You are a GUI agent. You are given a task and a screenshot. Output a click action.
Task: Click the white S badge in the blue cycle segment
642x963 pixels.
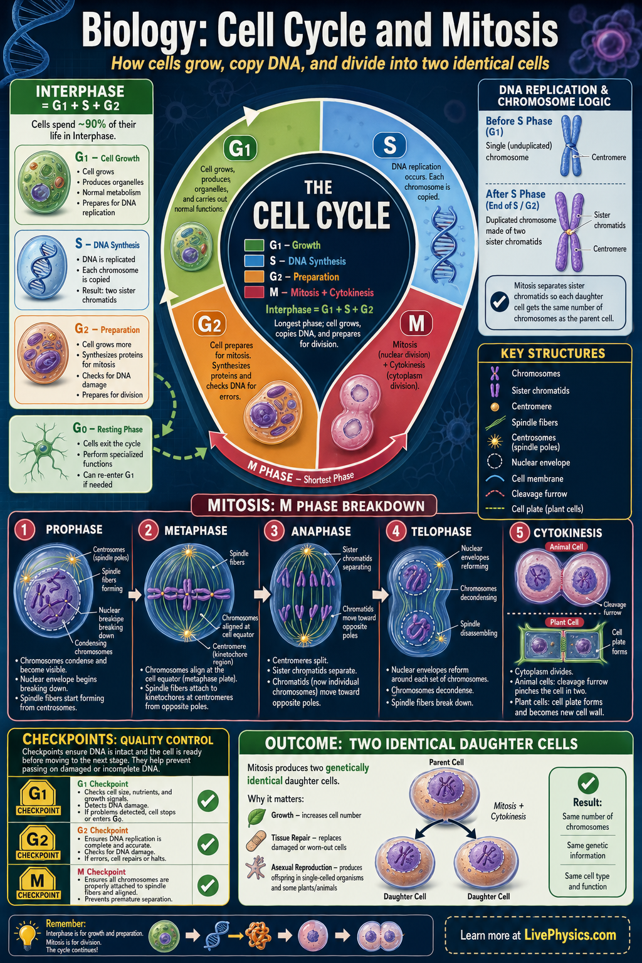[389, 145]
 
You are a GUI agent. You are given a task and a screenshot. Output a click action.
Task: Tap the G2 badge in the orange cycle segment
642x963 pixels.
[209, 324]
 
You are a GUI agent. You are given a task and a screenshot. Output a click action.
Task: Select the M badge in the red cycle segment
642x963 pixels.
[416, 324]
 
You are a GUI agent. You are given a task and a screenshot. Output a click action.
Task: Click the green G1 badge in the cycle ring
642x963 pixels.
[239, 149]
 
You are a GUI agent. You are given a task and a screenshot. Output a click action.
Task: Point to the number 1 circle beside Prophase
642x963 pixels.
[24, 530]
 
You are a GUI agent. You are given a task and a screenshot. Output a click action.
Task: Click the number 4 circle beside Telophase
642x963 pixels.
[396, 531]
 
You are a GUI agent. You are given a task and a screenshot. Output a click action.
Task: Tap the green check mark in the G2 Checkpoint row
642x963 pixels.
[208, 844]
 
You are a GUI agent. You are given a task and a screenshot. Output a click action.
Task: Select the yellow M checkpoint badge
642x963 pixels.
[38, 884]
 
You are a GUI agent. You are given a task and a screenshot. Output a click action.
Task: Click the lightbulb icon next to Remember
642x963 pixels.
[27, 934]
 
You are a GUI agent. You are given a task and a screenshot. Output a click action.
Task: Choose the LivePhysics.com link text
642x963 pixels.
[570, 935]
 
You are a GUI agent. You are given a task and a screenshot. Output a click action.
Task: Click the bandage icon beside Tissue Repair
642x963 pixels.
[256, 841]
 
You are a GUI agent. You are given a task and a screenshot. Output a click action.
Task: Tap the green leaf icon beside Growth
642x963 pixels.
[256, 817]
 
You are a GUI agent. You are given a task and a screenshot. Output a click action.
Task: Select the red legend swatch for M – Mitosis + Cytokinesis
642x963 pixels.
[254, 292]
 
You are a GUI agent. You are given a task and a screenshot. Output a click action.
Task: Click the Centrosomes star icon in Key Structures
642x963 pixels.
[495, 441]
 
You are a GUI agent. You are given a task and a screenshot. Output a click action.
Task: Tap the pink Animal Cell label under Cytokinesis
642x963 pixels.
[566, 547]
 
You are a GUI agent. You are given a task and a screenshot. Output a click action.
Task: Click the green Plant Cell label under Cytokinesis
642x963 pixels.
[564, 622]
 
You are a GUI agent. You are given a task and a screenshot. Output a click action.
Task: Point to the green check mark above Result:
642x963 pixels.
[587, 782]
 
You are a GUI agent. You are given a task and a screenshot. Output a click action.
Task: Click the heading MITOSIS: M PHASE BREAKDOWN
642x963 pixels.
[316, 505]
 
